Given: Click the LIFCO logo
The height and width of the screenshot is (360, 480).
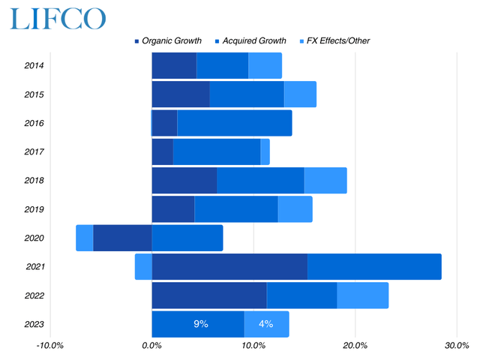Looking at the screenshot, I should [x=58, y=18].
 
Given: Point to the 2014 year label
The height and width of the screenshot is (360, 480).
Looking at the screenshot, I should [x=34, y=66].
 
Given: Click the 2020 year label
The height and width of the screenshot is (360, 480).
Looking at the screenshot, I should [x=34, y=238].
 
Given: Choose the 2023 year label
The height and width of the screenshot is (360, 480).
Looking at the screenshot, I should [x=34, y=325].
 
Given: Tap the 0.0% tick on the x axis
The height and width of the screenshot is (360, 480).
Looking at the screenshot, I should [x=152, y=346].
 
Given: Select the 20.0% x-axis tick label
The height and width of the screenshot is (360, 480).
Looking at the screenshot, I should [x=355, y=346].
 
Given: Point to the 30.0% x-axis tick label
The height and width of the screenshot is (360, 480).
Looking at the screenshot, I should [x=457, y=346].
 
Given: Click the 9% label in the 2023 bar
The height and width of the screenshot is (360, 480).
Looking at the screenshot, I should [x=201, y=325].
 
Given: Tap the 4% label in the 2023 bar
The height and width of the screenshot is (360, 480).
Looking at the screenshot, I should [x=265, y=325].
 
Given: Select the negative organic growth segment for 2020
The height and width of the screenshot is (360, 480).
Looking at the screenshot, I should [x=122, y=238].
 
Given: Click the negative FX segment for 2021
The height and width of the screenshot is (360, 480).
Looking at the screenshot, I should [x=143, y=267].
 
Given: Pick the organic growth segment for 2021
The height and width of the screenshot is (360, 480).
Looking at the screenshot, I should [x=229, y=267].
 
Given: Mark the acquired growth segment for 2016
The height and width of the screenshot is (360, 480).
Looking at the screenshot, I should [x=234, y=123].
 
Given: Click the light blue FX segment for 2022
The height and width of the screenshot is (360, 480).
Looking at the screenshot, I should [x=362, y=295].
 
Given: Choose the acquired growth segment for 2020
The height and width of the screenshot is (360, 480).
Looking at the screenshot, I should [x=187, y=238].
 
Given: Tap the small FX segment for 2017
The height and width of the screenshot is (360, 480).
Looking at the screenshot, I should [x=265, y=151].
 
